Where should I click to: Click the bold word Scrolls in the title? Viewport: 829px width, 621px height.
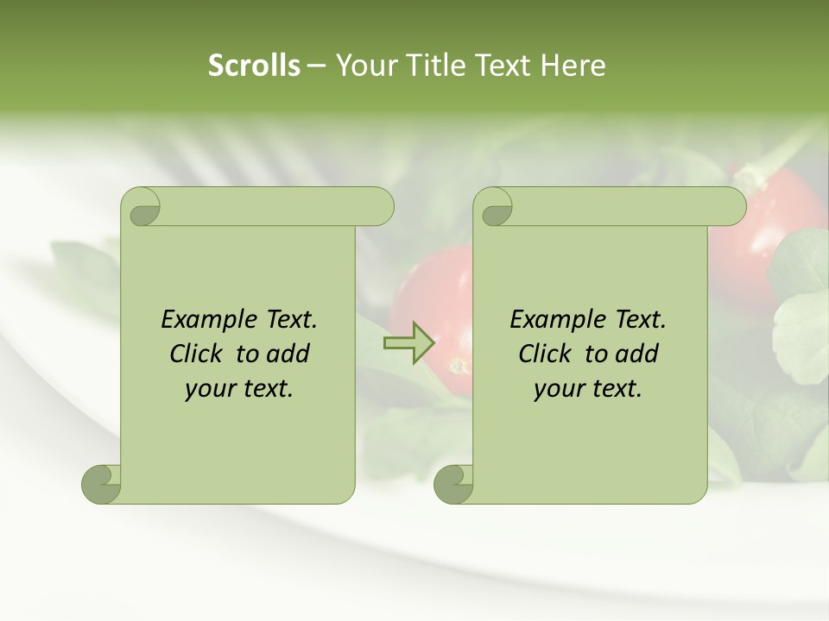(x=254, y=66)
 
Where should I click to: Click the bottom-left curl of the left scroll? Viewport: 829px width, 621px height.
(x=101, y=484)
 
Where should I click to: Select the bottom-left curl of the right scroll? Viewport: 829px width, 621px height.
(x=453, y=484)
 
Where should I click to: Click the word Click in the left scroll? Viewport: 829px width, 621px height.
(x=195, y=354)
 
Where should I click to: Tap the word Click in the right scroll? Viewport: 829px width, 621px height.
(x=544, y=354)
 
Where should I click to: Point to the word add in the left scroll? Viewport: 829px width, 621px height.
(x=288, y=354)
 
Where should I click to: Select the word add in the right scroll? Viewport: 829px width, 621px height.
(x=637, y=354)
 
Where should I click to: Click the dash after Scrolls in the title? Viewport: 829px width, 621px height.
(x=316, y=66)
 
